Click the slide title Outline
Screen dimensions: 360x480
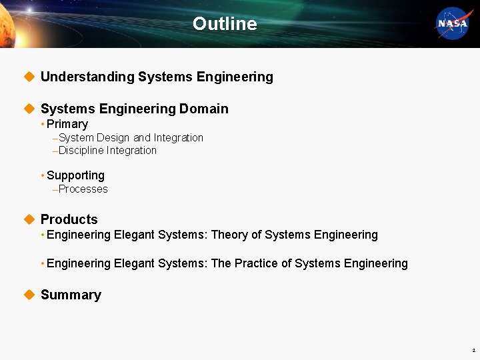pyautogui.click(x=225, y=24)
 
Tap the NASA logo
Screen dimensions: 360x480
pyautogui.click(x=453, y=24)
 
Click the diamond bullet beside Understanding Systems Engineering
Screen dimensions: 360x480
pyautogui.click(x=28, y=77)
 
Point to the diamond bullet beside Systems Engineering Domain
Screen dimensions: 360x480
pyautogui.click(x=28, y=109)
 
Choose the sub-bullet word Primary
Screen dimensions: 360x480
pyautogui.click(x=67, y=124)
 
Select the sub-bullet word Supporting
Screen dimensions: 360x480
pyautogui.click(x=75, y=175)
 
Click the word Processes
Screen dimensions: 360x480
pyautogui.click(x=83, y=189)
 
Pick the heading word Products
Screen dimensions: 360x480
pyautogui.click(x=69, y=219)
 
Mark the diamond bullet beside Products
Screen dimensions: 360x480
pyautogui.click(x=28, y=219)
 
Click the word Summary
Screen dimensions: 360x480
pyautogui.click(x=71, y=295)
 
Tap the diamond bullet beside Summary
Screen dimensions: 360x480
pyautogui.click(x=28, y=295)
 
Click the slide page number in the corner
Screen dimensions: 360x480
pyautogui.click(x=473, y=350)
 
